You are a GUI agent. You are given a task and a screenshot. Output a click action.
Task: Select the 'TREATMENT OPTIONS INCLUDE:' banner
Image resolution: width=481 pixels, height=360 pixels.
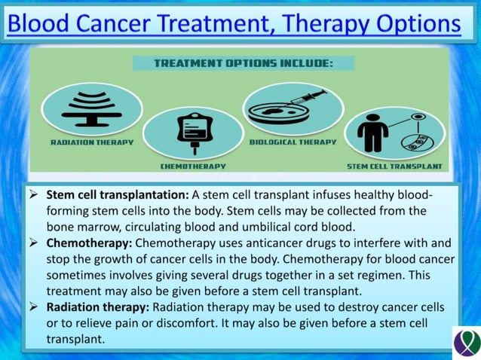(x=243, y=63)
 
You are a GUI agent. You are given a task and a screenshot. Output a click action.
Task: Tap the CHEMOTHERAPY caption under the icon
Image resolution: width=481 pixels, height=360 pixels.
(x=193, y=165)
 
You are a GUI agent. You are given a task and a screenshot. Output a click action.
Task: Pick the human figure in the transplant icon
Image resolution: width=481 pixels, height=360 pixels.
(x=372, y=134)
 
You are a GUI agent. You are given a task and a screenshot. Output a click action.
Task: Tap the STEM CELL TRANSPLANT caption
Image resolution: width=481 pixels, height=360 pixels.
(x=394, y=166)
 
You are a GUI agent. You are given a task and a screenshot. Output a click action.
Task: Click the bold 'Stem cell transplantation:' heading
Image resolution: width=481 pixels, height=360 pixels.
(x=118, y=194)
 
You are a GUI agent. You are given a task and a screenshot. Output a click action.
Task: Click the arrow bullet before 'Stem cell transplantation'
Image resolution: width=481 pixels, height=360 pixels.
(x=33, y=194)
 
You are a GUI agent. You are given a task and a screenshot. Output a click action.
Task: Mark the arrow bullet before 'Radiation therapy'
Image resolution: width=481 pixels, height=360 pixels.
(x=33, y=307)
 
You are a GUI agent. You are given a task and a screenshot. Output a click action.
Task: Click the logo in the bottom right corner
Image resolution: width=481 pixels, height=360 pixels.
(x=466, y=343)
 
